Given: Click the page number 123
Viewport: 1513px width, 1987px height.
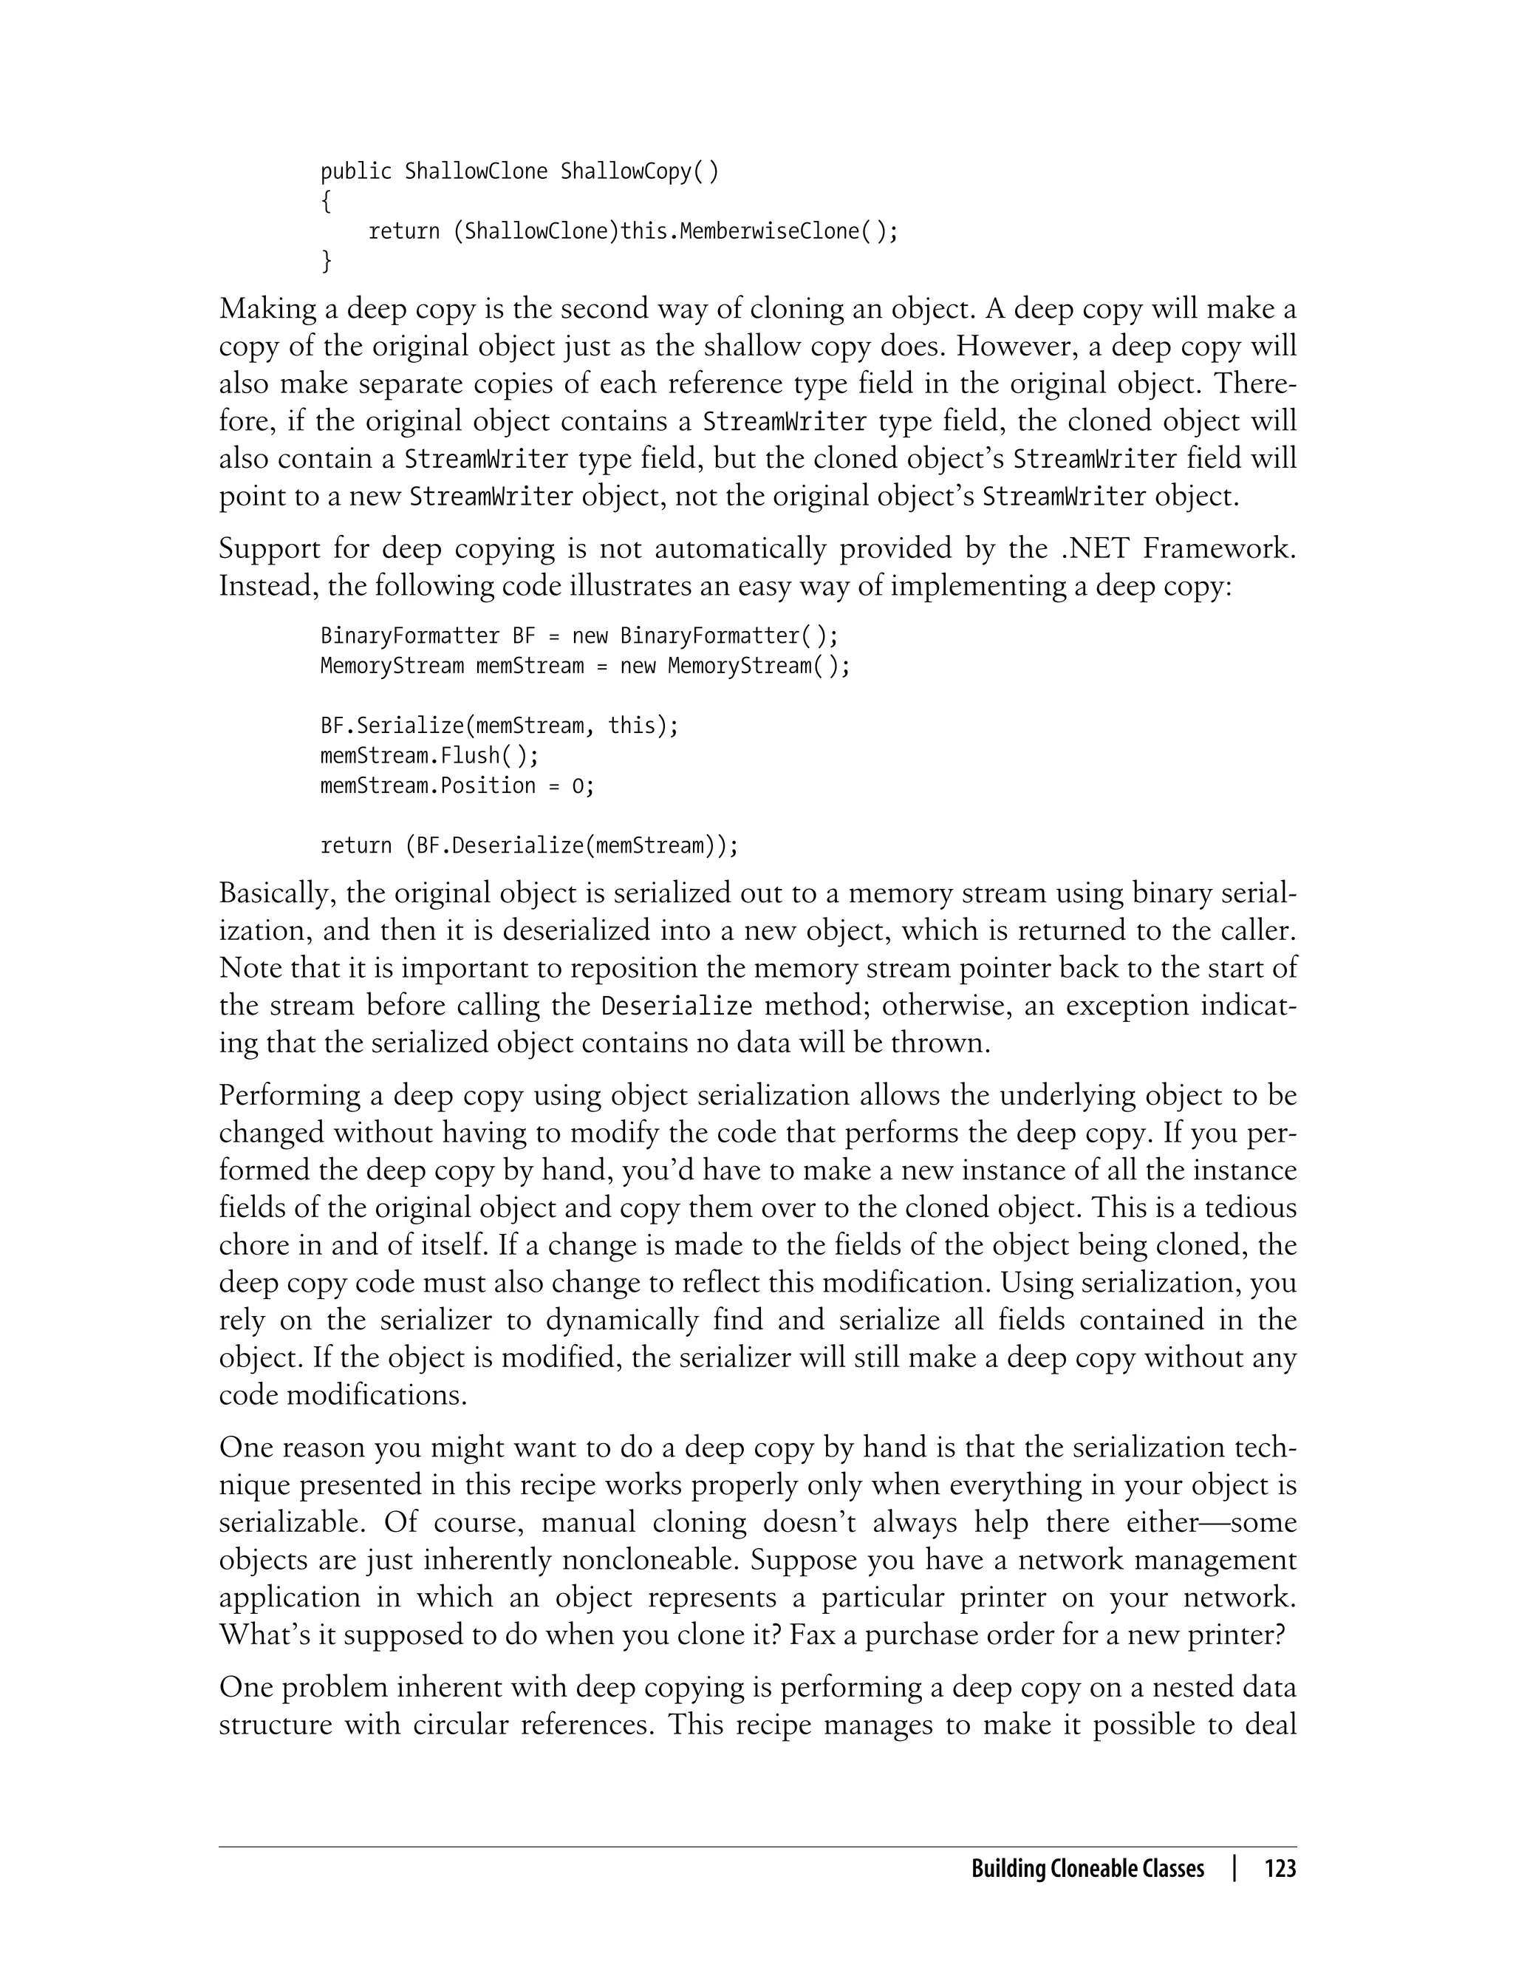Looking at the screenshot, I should [1280, 1868].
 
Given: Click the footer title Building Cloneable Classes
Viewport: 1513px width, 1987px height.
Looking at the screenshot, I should [1087, 1868].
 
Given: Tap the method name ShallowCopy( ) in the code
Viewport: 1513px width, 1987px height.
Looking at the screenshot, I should [640, 171].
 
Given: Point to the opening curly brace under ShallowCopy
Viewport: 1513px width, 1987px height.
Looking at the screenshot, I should [326, 202].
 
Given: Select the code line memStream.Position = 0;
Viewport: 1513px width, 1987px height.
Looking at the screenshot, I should [457, 785].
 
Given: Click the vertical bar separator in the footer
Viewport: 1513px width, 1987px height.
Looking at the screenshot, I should [1234, 1868].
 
